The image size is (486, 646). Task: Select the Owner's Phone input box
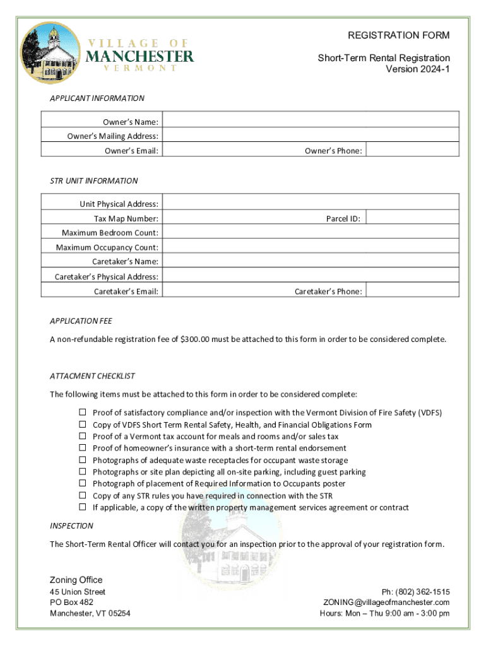click(x=413, y=150)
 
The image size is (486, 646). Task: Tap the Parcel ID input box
click(x=413, y=218)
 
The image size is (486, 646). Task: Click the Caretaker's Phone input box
click(x=413, y=291)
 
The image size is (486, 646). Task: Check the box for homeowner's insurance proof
click(x=82, y=448)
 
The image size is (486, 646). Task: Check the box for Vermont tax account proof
click(x=82, y=436)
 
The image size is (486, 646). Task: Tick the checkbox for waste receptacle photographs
click(x=82, y=460)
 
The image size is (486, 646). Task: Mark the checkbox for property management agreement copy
click(x=82, y=507)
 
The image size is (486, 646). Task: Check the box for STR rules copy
click(x=82, y=495)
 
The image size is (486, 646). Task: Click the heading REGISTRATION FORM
click(x=399, y=35)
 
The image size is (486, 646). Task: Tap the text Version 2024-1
click(x=418, y=69)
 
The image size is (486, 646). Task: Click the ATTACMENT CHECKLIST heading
click(x=93, y=376)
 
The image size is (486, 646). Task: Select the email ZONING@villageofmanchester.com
click(x=386, y=602)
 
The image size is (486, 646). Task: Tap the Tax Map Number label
click(x=126, y=218)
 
